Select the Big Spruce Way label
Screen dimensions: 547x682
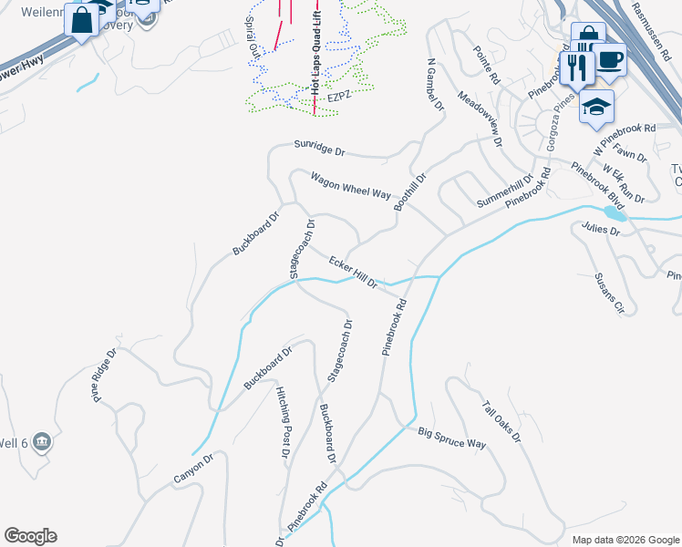coord(452,438)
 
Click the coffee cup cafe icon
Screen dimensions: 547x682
coord(610,59)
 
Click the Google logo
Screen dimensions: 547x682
coord(30,536)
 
